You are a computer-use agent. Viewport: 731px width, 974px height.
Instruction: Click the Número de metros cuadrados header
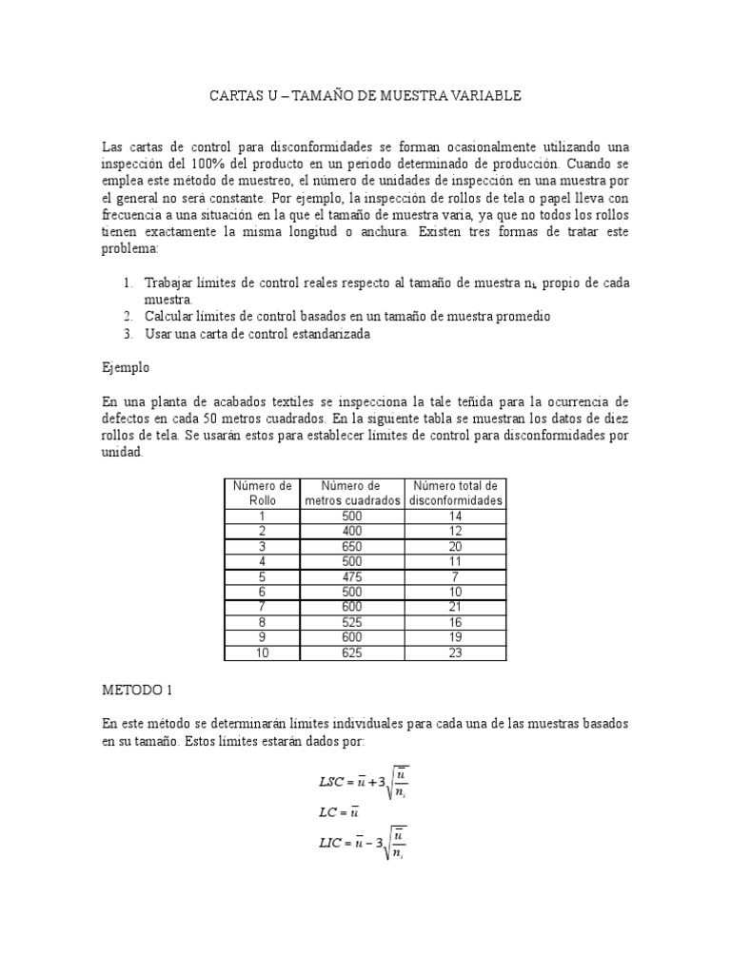[352, 494]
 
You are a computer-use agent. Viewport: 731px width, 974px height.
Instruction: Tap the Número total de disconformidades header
[456, 494]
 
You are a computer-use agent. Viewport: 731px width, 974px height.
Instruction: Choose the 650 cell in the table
[352, 546]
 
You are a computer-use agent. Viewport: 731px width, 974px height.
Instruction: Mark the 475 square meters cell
[352, 576]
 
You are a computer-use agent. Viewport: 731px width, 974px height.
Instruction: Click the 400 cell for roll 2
[352, 531]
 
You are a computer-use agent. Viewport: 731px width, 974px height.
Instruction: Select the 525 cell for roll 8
[352, 622]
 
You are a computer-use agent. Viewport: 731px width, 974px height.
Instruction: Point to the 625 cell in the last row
[352, 653]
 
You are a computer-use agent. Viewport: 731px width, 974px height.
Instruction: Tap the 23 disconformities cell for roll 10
[456, 653]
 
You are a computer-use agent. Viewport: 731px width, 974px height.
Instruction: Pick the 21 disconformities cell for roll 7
[456, 607]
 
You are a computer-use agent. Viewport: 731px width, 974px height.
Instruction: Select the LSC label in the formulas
[333, 782]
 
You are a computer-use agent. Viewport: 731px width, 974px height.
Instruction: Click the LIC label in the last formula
[333, 842]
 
